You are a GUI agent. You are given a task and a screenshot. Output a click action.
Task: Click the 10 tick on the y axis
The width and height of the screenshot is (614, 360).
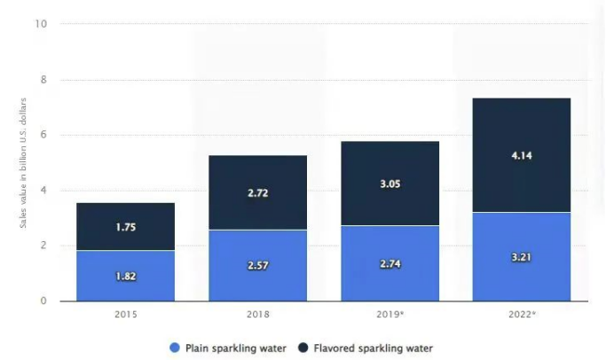click(41, 24)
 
